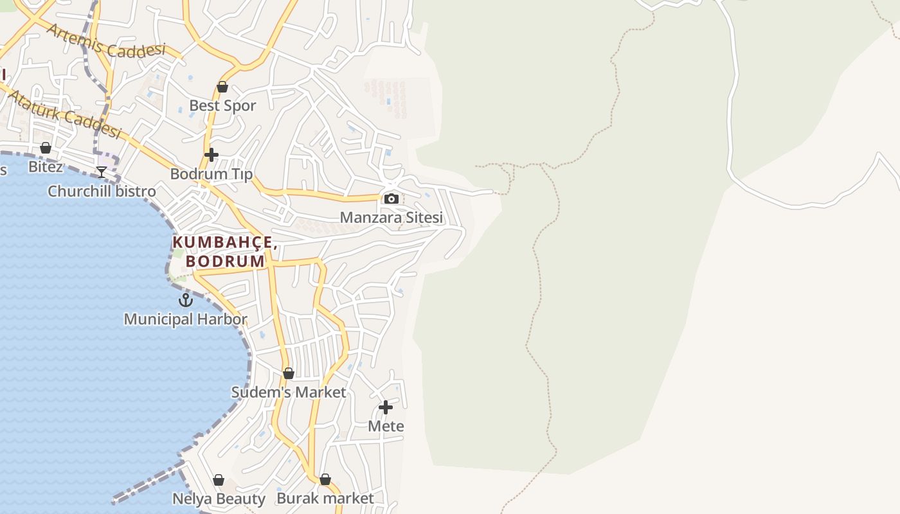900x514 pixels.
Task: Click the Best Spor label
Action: click(222, 105)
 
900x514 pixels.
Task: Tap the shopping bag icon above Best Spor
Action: click(222, 87)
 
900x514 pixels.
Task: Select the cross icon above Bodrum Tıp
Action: click(212, 155)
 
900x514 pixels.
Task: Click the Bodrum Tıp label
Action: click(212, 173)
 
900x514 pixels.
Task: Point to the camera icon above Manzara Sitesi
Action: click(391, 199)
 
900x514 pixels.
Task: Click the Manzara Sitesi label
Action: click(391, 217)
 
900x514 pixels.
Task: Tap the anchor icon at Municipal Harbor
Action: click(186, 299)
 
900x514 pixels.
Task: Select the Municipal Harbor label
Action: click(185, 319)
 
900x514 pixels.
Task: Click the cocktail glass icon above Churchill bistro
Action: click(102, 172)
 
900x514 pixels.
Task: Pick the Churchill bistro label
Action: click(102, 191)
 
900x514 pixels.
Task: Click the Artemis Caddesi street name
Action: click(106, 41)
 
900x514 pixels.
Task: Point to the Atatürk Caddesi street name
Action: click(65, 114)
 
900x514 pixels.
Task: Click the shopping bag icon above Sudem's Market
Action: click(289, 373)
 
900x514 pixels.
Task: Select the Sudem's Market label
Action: click(289, 392)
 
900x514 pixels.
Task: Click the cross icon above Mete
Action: click(386, 407)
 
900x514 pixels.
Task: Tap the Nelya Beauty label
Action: click(219, 499)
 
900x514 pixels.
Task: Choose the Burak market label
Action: click(325, 499)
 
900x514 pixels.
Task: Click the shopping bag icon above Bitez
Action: click(46, 148)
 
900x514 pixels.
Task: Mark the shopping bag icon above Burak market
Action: click(325, 479)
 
